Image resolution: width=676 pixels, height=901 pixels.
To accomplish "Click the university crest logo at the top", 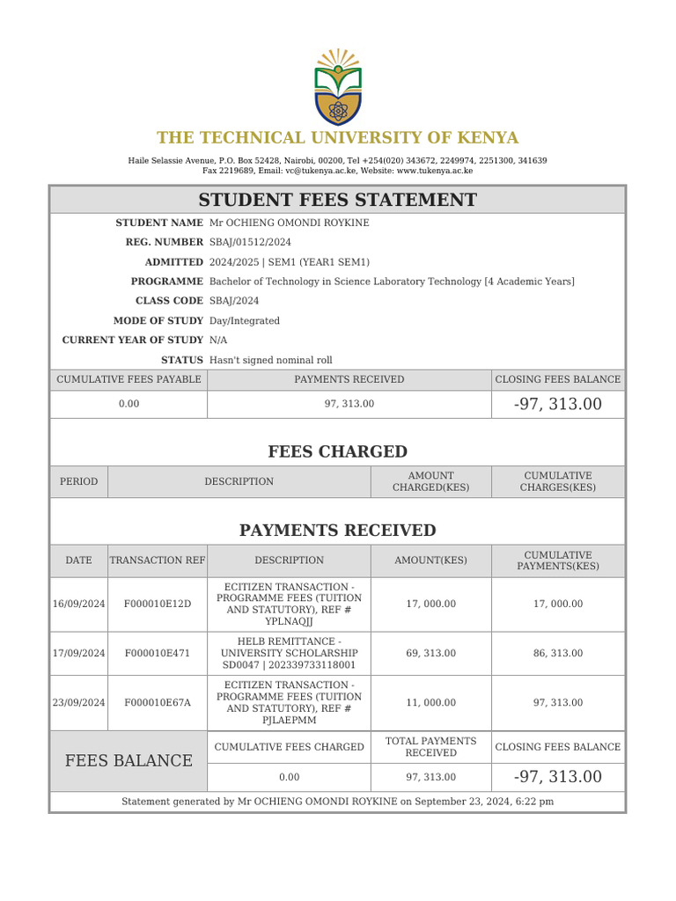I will pyautogui.click(x=337, y=86).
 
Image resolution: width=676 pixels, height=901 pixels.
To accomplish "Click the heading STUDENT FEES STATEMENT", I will pyautogui.click(x=337, y=200).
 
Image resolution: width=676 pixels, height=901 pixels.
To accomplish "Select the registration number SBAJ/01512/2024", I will pyautogui.click(x=250, y=242).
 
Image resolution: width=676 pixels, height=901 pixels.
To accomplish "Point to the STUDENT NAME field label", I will pyautogui.click(x=159, y=223).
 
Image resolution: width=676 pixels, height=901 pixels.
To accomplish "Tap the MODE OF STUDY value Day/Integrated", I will pyautogui.click(x=244, y=321).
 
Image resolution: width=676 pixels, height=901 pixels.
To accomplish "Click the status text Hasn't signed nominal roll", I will pyautogui.click(x=270, y=360).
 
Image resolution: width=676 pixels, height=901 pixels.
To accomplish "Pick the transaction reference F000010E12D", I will pyautogui.click(x=157, y=604).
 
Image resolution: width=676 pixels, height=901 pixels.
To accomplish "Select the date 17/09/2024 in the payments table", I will pyautogui.click(x=78, y=653).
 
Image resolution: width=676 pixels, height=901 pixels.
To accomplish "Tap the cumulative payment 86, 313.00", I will pyautogui.click(x=557, y=653).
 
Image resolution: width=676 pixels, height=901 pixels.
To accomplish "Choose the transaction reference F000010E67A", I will pyautogui.click(x=157, y=702).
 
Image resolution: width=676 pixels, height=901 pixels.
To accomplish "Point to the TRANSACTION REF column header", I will pyautogui.click(x=157, y=560).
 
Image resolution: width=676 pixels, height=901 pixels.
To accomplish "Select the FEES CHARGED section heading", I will pyautogui.click(x=337, y=452).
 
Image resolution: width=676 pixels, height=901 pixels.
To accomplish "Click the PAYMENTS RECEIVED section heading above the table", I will pyautogui.click(x=337, y=531).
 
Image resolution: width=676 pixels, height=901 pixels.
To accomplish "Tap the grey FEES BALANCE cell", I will pyautogui.click(x=129, y=760).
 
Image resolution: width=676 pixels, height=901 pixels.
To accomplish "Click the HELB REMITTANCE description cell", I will pyautogui.click(x=289, y=653).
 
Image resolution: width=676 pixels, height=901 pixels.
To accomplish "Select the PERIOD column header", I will pyautogui.click(x=78, y=481).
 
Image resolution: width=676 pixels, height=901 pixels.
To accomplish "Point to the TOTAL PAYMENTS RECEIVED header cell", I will pyautogui.click(x=430, y=747).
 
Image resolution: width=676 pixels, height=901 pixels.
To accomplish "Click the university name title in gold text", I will pyautogui.click(x=337, y=138).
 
